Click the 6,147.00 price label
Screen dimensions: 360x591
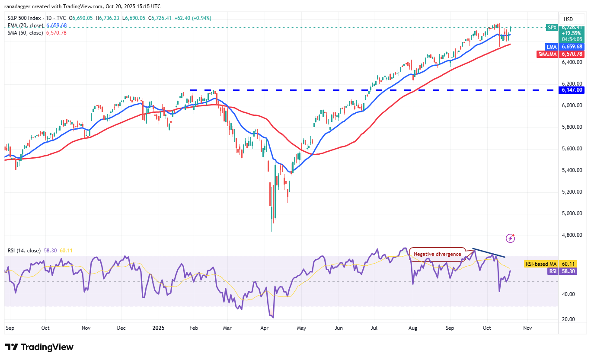click(572, 90)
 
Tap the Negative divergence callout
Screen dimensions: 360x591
click(437, 254)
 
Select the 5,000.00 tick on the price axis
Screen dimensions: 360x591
click(572, 213)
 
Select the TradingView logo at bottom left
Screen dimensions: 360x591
click(39, 347)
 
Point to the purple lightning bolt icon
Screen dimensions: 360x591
click(511, 238)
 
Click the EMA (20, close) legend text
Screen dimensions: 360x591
click(25, 25)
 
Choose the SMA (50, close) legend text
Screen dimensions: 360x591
click(25, 33)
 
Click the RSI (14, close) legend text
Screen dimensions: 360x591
click(24, 251)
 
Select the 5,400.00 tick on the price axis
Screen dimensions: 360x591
click(572, 170)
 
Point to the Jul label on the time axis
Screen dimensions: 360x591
click(375, 328)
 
